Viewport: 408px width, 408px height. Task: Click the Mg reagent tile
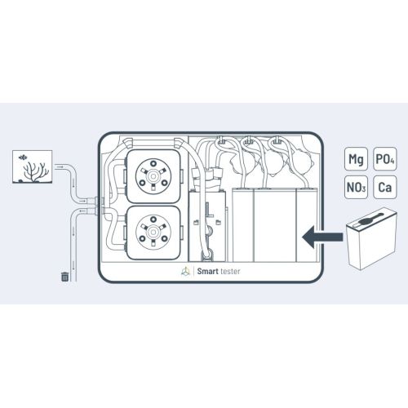pyautogui.click(x=355, y=159)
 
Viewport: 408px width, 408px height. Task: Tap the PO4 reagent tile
pyautogui.click(x=384, y=159)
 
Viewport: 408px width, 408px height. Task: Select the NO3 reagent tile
pyautogui.click(x=355, y=188)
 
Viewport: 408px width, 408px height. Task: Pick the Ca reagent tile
pyautogui.click(x=384, y=188)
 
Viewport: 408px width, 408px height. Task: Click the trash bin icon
pyautogui.click(x=64, y=276)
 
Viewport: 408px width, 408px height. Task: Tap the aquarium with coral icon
pyautogui.click(x=34, y=166)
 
